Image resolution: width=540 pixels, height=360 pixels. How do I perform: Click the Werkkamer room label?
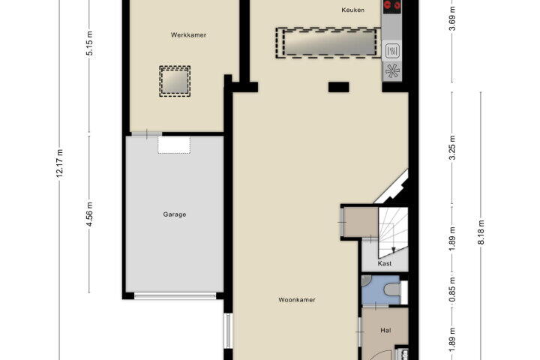pyautogui.click(x=188, y=34)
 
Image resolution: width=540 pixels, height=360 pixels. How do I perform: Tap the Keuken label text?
pyautogui.click(x=353, y=10)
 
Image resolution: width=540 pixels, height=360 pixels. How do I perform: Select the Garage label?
pyautogui.click(x=175, y=214)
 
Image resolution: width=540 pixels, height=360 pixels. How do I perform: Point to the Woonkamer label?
pyautogui.click(x=297, y=300)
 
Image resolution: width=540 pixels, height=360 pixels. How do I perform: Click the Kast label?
pyautogui.click(x=385, y=263)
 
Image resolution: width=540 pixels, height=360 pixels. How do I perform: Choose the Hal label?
pyautogui.click(x=385, y=330)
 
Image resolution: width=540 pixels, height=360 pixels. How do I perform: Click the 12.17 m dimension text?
pyautogui.click(x=59, y=163)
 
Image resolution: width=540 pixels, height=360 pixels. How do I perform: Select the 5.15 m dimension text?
pyautogui.click(x=89, y=43)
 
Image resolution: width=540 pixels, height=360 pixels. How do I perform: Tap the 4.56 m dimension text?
pyautogui.click(x=89, y=214)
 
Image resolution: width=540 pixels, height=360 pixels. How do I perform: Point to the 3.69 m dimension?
pyautogui.click(x=452, y=19)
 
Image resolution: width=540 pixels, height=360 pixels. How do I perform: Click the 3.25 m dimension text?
pyautogui.click(x=452, y=148)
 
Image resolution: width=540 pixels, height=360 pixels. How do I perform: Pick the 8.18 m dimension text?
pyautogui.click(x=481, y=232)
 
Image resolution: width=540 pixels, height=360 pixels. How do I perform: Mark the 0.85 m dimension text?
pyautogui.click(x=452, y=289)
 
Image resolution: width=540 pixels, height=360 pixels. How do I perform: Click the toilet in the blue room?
pyautogui.click(x=393, y=289)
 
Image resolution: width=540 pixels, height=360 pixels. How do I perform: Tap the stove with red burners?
pyautogui.click(x=392, y=6)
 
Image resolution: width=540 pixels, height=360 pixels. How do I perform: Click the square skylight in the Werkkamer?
pyautogui.click(x=175, y=81)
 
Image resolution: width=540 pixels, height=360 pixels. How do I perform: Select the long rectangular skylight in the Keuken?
pyautogui.click(x=329, y=43)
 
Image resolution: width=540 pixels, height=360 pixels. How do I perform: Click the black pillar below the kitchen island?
pyautogui.click(x=338, y=87)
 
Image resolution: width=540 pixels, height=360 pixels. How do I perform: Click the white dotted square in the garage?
pyautogui.click(x=174, y=145)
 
